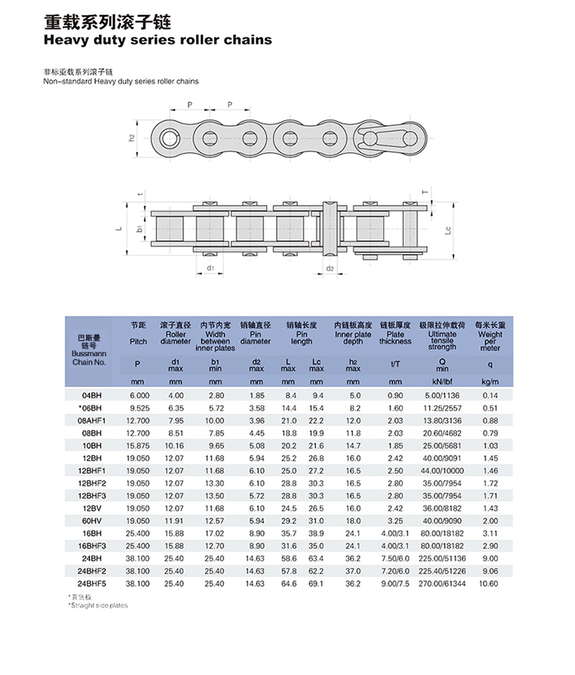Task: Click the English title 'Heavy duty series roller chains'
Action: [x=158, y=40]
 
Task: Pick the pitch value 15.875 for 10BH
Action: [x=139, y=445]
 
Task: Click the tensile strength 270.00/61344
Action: [x=442, y=583]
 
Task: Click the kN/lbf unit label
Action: [x=442, y=381]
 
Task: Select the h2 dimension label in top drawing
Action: [x=132, y=137]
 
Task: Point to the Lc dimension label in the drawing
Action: [x=447, y=231]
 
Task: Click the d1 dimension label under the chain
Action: [x=210, y=268]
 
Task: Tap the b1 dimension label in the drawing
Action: [x=139, y=230]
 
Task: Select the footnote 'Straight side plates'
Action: [x=98, y=605]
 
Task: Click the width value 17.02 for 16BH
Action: [x=215, y=533]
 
